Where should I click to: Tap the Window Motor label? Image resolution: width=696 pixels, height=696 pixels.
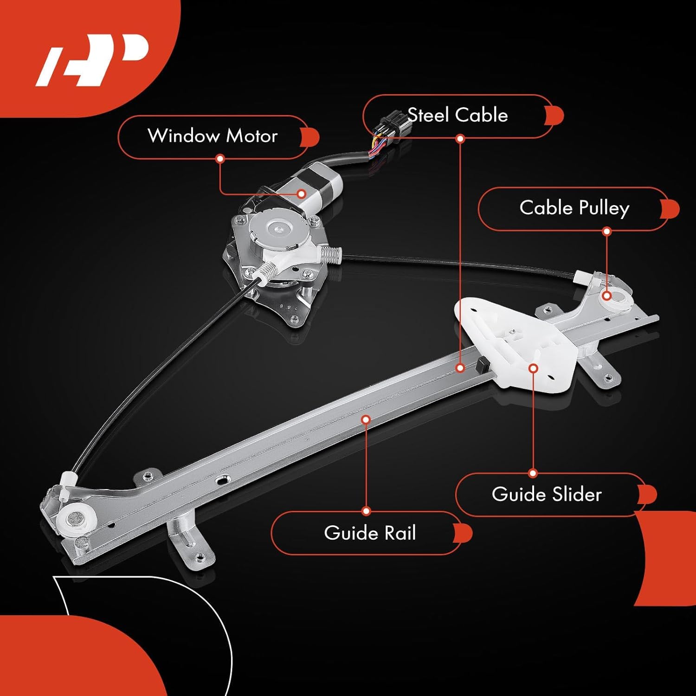tap(213, 136)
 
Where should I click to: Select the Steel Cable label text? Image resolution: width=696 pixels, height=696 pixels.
tap(458, 115)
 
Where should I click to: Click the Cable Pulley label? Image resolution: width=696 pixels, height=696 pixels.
tap(574, 208)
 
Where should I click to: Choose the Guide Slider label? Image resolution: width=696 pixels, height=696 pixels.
tap(546, 494)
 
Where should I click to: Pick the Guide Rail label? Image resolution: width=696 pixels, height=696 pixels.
tap(370, 533)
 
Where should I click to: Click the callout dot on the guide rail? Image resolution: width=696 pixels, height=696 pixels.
tap(366, 419)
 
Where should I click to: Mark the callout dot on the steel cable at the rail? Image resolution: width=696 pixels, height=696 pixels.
tap(460, 368)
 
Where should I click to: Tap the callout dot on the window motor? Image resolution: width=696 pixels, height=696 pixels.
tap(301, 193)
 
